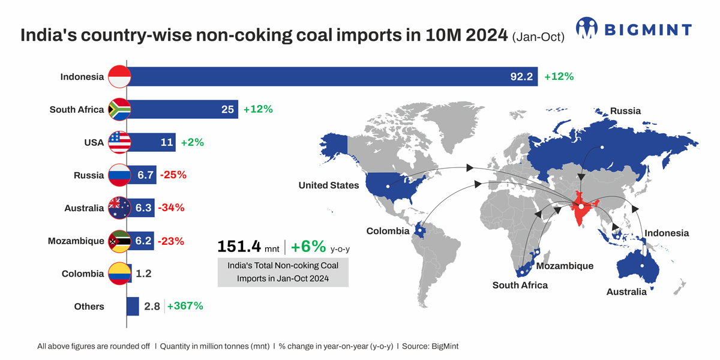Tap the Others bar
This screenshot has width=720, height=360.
pos(133,306)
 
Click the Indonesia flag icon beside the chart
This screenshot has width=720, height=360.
pos(119,77)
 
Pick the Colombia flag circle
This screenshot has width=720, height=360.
pos(119,274)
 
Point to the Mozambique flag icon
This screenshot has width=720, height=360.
pos(119,241)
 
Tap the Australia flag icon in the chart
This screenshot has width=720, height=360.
pos(119,208)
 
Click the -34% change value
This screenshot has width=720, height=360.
pos(171,208)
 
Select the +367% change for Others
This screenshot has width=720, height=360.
pos(185,306)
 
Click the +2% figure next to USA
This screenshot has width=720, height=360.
pos(192,143)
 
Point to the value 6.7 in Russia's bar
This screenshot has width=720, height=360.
pos(146,175)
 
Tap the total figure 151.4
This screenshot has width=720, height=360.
pos(239,247)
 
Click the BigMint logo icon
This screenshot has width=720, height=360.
pos(587,28)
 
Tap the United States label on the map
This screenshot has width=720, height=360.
pos(329,185)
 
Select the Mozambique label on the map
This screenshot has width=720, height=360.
pos(565,266)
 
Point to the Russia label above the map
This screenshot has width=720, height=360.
pos(625,111)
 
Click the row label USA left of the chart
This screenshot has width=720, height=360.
pos(94,143)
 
